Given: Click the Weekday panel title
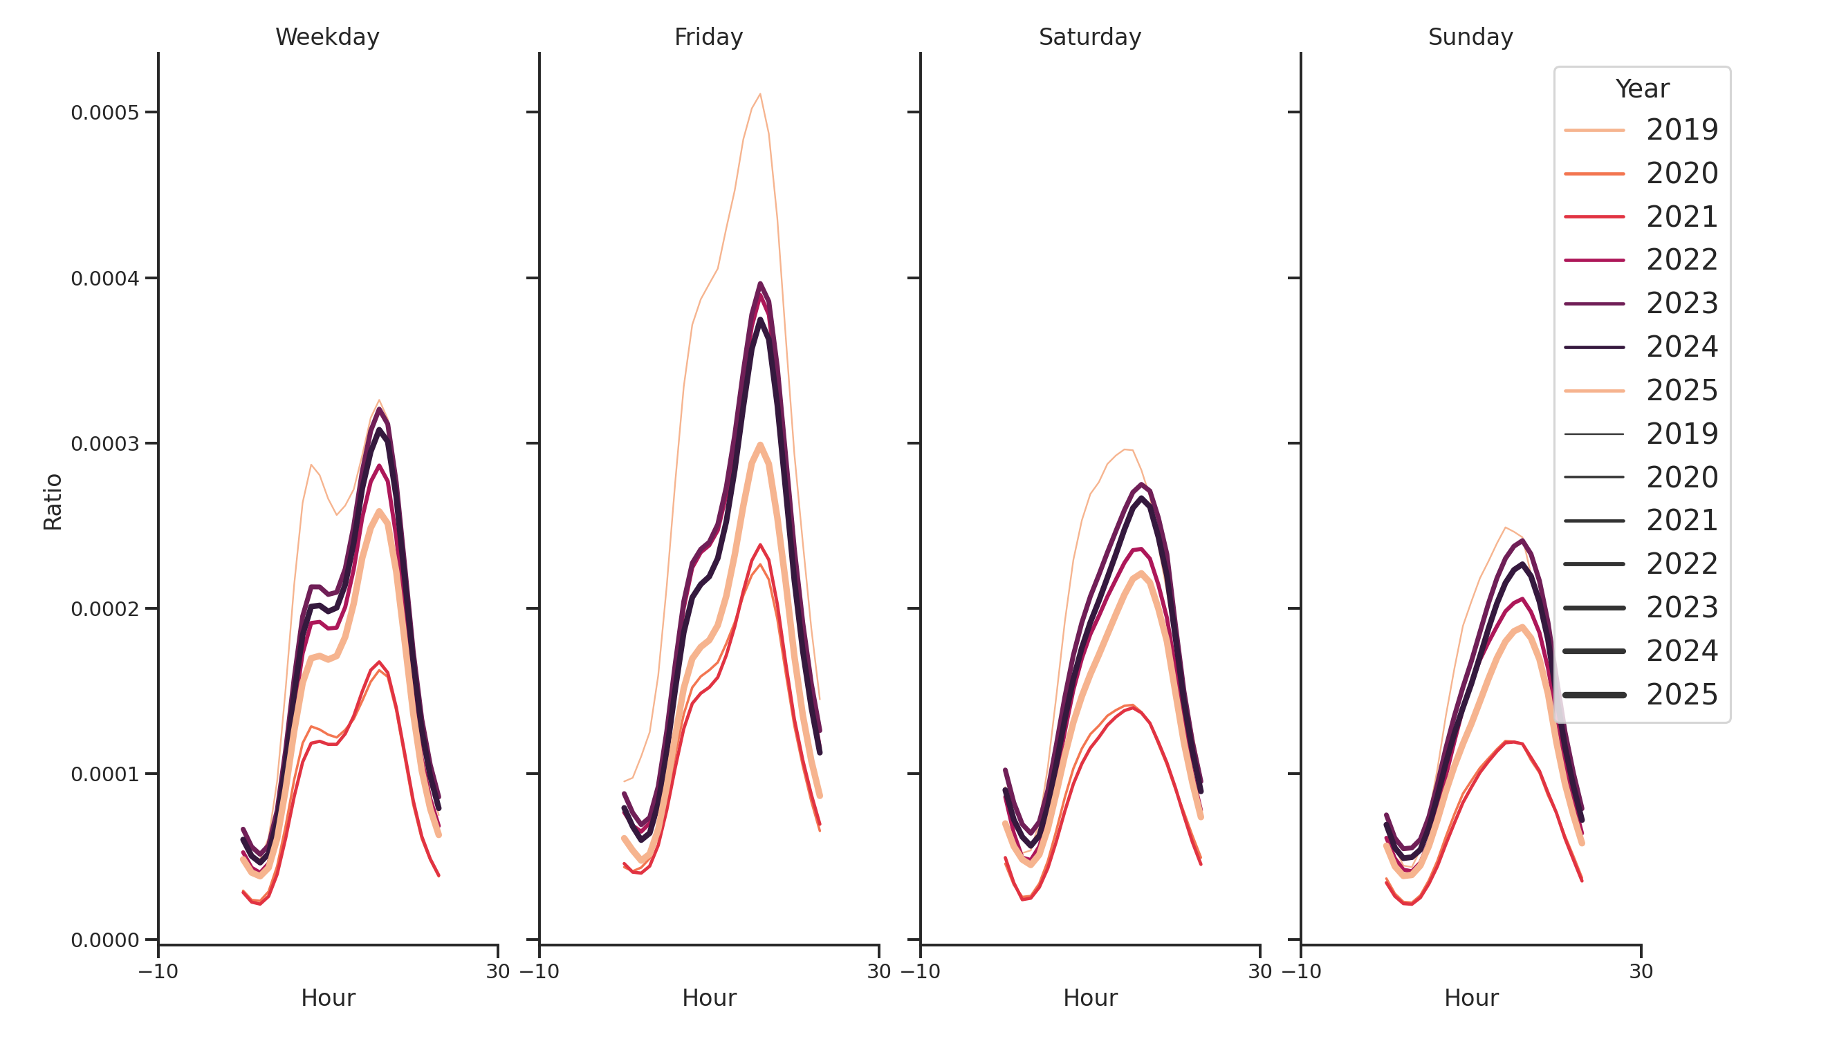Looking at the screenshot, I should coord(327,37).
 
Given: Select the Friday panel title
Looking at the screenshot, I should coord(708,37).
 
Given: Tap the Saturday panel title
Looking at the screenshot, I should coord(1089,37).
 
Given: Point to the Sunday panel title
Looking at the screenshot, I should coord(1470,37).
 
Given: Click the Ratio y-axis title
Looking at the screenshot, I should coord(53,502).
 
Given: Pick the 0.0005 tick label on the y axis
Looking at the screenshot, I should coord(105,113).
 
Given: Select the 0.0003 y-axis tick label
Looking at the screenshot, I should coord(105,444).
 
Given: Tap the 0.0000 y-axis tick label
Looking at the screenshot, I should coord(105,941).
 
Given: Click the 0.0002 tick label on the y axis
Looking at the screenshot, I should coord(105,609).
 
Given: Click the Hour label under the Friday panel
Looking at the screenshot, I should coord(709,998).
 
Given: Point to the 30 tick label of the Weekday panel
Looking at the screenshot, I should coord(498,971).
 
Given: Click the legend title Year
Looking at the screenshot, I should coord(1641,89).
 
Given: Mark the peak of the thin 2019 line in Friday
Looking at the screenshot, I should coord(760,94).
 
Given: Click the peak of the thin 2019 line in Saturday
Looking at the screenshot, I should coord(1125,450).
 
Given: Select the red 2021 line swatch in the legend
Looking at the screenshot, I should coord(1594,216).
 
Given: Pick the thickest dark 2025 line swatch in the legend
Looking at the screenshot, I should coord(1594,695).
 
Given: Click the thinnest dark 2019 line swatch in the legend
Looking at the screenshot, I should coord(1594,434).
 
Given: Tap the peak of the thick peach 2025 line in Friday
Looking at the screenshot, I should coord(760,445).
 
